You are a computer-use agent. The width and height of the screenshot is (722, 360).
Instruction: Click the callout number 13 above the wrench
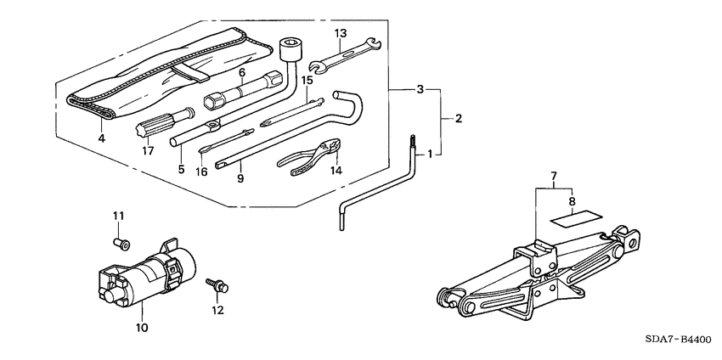(341, 33)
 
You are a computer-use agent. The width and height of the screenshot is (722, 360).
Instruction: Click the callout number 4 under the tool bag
(101, 138)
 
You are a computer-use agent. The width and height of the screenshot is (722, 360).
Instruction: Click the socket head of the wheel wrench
(290, 50)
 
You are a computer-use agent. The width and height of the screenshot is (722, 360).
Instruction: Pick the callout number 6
(242, 72)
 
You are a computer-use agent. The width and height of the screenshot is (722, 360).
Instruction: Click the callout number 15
(307, 80)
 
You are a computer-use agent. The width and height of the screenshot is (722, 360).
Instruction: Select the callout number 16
(201, 172)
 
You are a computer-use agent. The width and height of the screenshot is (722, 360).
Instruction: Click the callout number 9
(240, 178)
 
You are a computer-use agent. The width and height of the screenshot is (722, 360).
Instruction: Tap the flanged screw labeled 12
(217, 285)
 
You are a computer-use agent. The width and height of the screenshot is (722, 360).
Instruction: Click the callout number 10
(142, 328)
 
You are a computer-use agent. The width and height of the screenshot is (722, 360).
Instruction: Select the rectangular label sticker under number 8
(577, 217)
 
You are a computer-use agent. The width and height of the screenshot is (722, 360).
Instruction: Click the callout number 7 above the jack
(554, 176)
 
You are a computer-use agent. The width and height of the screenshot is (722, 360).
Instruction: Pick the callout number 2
(458, 118)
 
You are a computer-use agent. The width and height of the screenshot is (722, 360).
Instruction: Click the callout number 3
(420, 89)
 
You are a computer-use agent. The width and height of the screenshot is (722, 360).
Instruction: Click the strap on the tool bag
(190, 73)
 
